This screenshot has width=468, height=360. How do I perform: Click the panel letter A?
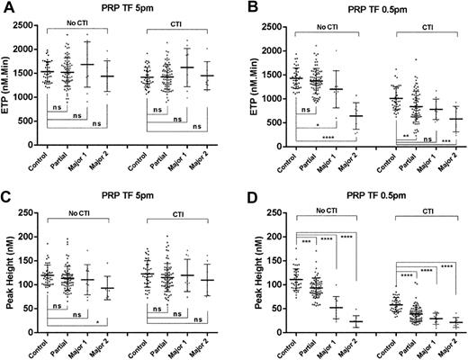tap(6, 7)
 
